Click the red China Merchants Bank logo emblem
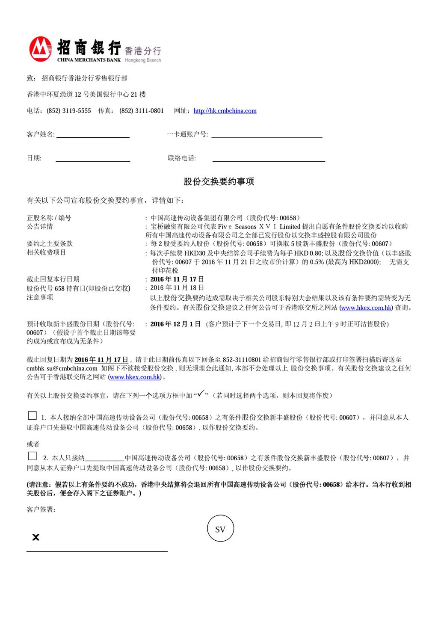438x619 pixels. click(41, 49)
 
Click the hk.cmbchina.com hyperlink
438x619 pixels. click(225, 111)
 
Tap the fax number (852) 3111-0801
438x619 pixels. click(142, 111)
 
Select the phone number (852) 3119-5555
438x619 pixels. click(69, 111)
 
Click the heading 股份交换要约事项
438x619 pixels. click(219, 182)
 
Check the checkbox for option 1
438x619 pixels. click(32, 415)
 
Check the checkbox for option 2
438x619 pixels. click(32, 456)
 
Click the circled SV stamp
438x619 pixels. click(220, 529)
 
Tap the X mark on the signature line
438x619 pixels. click(36, 537)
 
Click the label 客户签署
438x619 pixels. click(41, 509)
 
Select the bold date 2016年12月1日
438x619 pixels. click(175, 324)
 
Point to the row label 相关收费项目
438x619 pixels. click(46, 252)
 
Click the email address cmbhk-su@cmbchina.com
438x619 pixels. click(62, 368)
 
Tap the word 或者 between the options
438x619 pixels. click(33, 444)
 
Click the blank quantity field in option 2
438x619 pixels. click(105, 458)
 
